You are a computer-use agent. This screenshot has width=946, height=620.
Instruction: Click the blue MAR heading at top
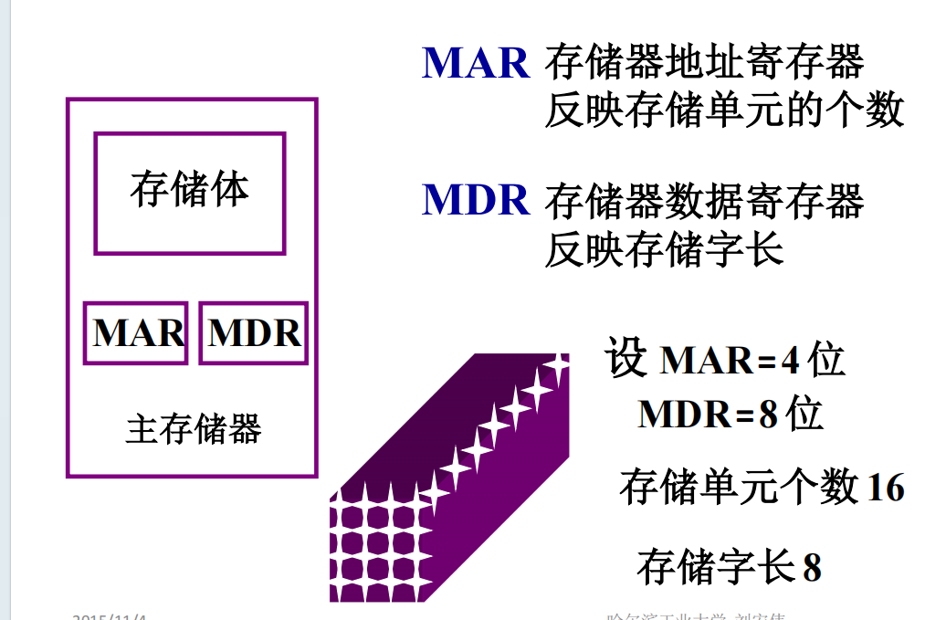tap(476, 62)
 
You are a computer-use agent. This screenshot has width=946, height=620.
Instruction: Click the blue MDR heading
tap(476, 199)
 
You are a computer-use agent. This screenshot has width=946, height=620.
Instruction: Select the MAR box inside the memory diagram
tap(136, 333)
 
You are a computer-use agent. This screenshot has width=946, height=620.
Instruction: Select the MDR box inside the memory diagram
tap(253, 333)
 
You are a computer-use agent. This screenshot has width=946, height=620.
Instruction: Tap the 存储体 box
tap(190, 193)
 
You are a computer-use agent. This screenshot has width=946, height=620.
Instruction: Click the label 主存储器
tap(193, 428)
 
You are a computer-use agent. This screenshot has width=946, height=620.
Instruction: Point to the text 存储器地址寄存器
tap(704, 62)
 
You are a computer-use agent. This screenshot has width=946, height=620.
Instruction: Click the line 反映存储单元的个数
tap(724, 111)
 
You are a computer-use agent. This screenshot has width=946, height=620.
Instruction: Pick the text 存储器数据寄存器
tap(704, 201)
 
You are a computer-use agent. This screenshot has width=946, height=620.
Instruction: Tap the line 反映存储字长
tap(664, 248)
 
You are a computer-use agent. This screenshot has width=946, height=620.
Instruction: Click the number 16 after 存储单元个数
tap(885, 488)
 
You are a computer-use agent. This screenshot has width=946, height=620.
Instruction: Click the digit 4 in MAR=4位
tap(790, 362)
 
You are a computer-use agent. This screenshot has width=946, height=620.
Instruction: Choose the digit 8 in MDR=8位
tap(768, 415)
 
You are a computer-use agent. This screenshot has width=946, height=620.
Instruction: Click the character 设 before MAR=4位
tap(625, 359)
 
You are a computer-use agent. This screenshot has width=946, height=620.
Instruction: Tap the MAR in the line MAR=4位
tap(705, 362)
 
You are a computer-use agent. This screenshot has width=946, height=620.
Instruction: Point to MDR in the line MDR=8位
tap(684, 415)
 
